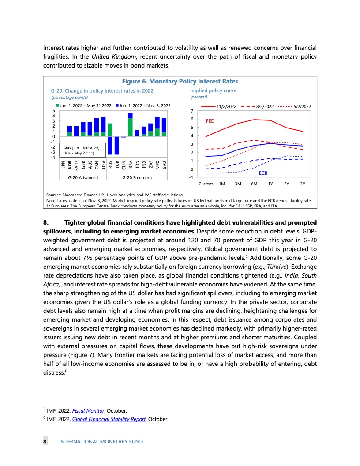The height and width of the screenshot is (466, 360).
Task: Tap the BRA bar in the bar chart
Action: point(130,124)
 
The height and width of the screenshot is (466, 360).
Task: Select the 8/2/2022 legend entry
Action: point(265,107)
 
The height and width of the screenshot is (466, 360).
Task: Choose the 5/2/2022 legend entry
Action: point(303,107)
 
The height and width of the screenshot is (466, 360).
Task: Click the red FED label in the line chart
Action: point(210,121)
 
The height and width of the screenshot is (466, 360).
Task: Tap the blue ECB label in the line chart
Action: point(263,173)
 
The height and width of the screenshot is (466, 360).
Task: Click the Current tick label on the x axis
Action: point(206,184)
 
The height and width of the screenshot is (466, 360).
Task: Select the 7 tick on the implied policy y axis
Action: point(192,110)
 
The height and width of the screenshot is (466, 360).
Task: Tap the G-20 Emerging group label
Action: point(137,177)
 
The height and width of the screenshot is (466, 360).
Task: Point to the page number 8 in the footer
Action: point(45,441)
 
